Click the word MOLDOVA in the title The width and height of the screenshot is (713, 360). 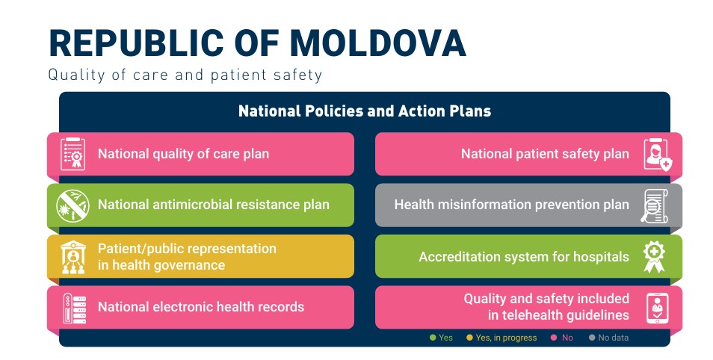click(378, 43)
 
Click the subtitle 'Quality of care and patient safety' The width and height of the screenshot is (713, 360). click(185, 75)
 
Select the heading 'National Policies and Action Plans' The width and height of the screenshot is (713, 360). click(365, 111)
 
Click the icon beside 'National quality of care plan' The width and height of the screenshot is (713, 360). click(72, 154)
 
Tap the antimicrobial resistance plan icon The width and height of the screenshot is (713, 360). click(72, 205)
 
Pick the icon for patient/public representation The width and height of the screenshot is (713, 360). click(73, 257)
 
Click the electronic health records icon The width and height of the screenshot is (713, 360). click(74, 308)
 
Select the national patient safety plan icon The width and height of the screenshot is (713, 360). click(658, 155)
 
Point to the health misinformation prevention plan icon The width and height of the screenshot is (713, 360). click(655, 206)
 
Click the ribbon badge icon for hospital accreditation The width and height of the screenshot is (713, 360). click(654, 257)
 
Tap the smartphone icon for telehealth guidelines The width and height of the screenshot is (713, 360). click(658, 308)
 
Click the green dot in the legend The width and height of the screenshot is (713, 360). click(433, 338)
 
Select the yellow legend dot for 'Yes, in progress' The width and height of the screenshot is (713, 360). click(469, 338)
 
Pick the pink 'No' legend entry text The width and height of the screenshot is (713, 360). click(567, 338)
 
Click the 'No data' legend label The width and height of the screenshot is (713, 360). click(613, 338)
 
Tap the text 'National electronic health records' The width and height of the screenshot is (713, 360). click(201, 307)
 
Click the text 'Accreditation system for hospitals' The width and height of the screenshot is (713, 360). click(524, 257)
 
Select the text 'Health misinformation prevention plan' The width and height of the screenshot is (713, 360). click(511, 205)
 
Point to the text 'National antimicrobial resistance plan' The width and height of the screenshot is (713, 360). click(214, 205)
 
